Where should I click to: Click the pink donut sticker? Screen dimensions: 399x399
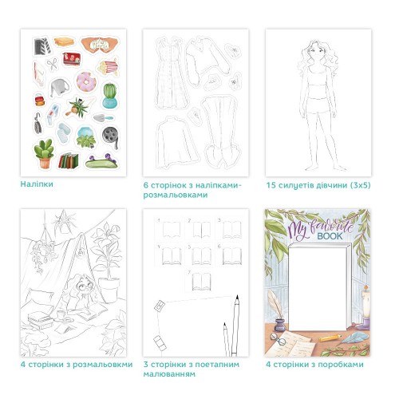click(x=86, y=81)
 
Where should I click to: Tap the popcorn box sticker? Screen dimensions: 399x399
click(x=109, y=67)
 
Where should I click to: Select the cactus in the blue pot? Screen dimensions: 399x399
click(x=109, y=95)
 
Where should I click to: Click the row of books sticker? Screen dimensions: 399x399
click(x=69, y=161)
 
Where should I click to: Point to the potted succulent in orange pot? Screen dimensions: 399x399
click(x=44, y=154)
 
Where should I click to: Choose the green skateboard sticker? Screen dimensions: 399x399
click(x=101, y=162)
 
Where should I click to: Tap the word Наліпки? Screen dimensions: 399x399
click(x=37, y=184)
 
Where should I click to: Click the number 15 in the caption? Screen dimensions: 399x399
click(x=271, y=185)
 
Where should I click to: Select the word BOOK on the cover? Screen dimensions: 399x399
click(x=330, y=236)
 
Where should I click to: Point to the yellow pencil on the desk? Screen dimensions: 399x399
click(x=330, y=338)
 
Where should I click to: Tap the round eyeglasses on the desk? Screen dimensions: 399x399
click(x=278, y=339)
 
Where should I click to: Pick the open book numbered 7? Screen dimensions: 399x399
click(x=201, y=282)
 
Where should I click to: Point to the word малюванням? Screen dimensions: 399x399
click(x=169, y=374)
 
